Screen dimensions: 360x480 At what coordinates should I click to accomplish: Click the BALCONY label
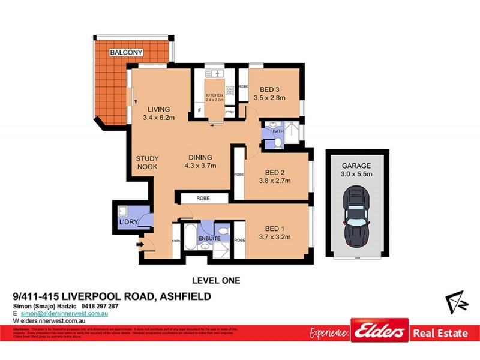(x=126, y=53)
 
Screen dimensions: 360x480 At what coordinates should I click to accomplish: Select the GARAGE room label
(x=357, y=166)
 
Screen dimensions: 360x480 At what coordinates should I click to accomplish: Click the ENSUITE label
(x=210, y=239)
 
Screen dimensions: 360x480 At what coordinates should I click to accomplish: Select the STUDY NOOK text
(x=147, y=163)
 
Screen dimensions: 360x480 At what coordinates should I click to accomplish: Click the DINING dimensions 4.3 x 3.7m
(x=200, y=166)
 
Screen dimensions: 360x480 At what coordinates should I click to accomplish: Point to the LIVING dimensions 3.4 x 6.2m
(x=159, y=118)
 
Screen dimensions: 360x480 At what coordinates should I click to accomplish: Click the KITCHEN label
(x=214, y=95)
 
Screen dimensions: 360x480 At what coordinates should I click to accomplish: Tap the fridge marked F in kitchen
(x=199, y=111)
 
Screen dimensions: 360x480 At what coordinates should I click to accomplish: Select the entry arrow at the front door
(x=140, y=244)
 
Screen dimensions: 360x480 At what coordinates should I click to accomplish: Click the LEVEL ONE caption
(x=215, y=280)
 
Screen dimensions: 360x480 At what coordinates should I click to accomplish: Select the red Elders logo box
(x=379, y=331)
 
